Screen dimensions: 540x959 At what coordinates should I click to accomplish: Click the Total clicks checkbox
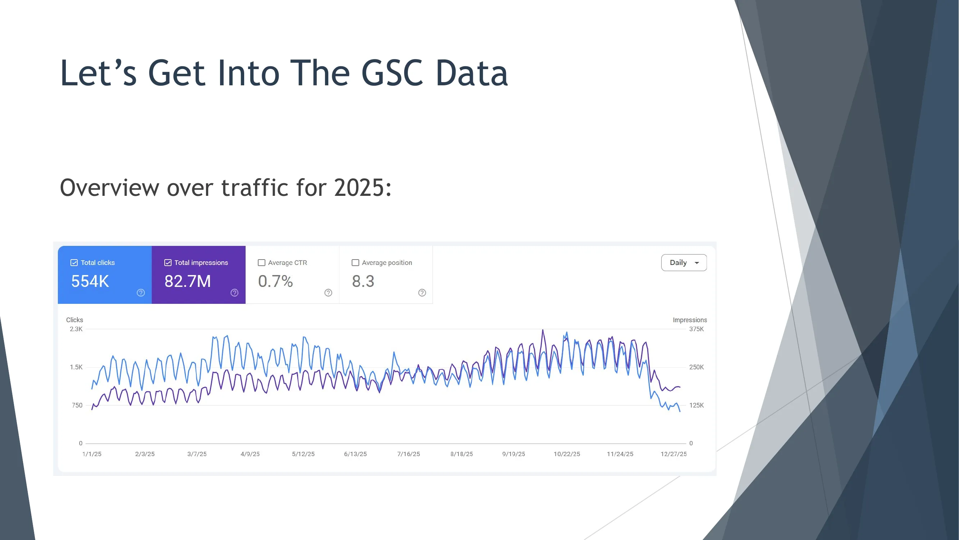click(x=74, y=263)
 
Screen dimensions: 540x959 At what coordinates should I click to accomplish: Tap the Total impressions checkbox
click(x=168, y=263)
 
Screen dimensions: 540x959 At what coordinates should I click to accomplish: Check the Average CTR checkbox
click(x=262, y=263)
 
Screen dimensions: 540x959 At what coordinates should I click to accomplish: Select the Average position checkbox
click(x=356, y=263)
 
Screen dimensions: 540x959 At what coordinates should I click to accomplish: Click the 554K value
click(x=90, y=282)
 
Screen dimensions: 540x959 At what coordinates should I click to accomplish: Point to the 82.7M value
click(x=188, y=282)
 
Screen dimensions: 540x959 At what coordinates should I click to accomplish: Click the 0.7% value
click(x=275, y=282)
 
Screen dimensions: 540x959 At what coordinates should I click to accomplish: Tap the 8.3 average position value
click(x=363, y=282)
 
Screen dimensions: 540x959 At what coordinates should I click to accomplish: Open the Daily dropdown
click(x=684, y=263)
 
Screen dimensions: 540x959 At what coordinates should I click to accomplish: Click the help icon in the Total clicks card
click(x=141, y=293)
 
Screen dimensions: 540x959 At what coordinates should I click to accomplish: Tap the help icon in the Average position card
click(x=422, y=293)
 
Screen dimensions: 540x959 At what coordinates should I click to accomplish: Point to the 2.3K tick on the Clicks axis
click(x=76, y=329)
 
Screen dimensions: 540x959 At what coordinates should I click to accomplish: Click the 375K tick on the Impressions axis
click(x=696, y=329)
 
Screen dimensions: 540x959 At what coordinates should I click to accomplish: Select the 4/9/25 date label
click(x=250, y=454)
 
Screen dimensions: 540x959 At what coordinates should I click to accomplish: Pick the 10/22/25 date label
click(x=567, y=454)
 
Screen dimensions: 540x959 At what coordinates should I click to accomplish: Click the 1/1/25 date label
click(x=92, y=454)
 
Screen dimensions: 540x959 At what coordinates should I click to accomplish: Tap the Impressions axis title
click(x=689, y=320)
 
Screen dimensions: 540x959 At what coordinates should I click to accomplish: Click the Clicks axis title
click(x=74, y=320)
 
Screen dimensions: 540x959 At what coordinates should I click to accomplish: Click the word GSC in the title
click(x=392, y=73)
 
